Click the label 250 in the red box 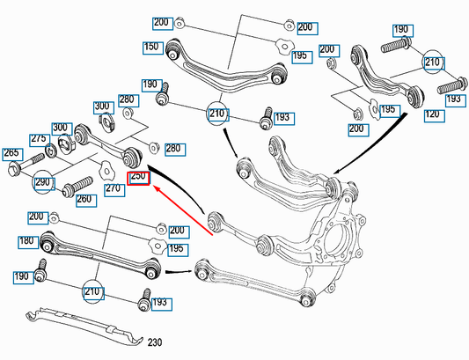coord(138,179)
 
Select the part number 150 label coord(153,48)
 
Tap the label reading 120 coord(435,116)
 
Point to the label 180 coord(28,242)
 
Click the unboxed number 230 coord(155,342)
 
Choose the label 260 coord(86,201)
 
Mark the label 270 coord(114,190)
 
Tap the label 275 coord(40,141)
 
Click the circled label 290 coord(44,183)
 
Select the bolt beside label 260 coord(77,187)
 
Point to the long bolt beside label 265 coord(26,164)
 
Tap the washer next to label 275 coord(52,151)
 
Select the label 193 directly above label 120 coord(456,100)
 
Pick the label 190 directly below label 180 coord(24,277)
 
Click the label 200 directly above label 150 coord(163,24)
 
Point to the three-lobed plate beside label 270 coord(106,170)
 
